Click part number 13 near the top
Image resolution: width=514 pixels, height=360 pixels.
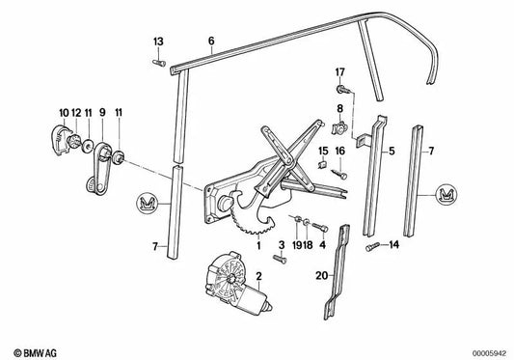(x=159, y=41)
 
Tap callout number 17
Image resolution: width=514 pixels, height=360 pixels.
(x=339, y=72)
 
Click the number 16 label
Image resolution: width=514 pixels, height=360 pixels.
(x=339, y=152)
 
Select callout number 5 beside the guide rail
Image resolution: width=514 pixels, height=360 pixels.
(x=392, y=152)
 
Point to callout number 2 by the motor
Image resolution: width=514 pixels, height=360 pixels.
(x=258, y=276)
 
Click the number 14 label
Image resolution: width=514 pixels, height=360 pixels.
(x=392, y=247)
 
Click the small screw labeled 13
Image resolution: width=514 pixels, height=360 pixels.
(x=156, y=64)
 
